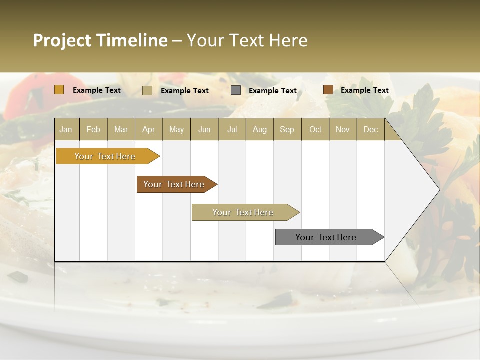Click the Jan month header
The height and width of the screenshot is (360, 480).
click(x=66, y=129)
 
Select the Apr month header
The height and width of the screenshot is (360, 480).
click(x=148, y=129)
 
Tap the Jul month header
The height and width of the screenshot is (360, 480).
click(x=232, y=129)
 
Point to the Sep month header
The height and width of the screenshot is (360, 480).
click(x=287, y=129)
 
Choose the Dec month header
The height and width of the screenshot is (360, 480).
click(x=370, y=129)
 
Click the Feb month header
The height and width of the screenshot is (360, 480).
click(x=93, y=129)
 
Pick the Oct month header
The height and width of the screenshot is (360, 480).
click(x=315, y=129)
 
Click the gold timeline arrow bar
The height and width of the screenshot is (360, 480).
click(x=105, y=156)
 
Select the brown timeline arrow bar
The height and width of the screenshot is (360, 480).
click(x=174, y=184)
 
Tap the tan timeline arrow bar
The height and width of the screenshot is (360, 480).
click(x=243, y=212)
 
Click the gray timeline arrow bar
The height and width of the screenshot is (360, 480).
click(x=326, y=237)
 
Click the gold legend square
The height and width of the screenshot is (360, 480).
click(x=59, y=90)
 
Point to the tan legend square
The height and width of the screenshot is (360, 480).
click(x=147, y=90)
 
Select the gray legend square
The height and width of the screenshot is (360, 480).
click(x=236, y=90)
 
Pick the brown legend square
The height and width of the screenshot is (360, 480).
click(x=328, y=90)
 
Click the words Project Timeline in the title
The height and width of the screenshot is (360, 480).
click(x=100, y=40)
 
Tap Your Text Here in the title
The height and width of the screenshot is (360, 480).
click(x=247, y=40)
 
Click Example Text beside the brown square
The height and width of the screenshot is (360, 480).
click(x=364, y=90)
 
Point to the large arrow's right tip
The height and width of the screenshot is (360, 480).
click(x=438, y=190)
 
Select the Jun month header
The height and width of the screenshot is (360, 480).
click(x=204, y=129)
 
